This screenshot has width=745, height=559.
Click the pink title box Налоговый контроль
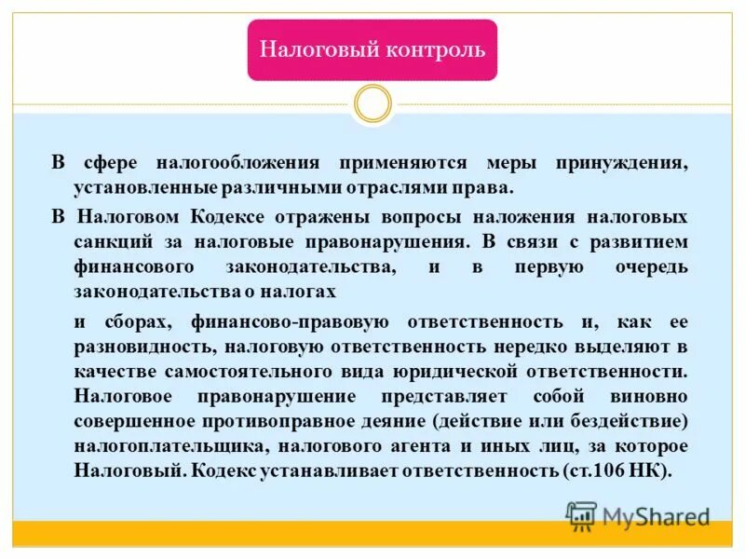[x=372, y=49]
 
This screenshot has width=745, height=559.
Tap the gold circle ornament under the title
[x=372, y=103]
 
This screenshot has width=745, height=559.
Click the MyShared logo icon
[x=582, y=515]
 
